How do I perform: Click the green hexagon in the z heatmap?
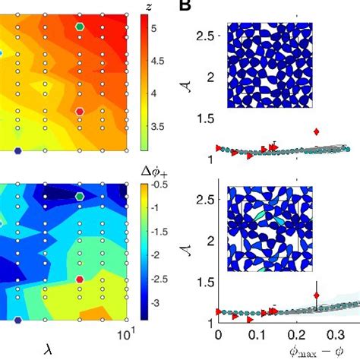tap(80, 27)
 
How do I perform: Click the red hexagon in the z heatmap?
tap(79, 110)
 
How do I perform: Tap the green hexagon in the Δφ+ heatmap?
tap(80, 195)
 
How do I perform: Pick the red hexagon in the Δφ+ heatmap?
tap(79, 279)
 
